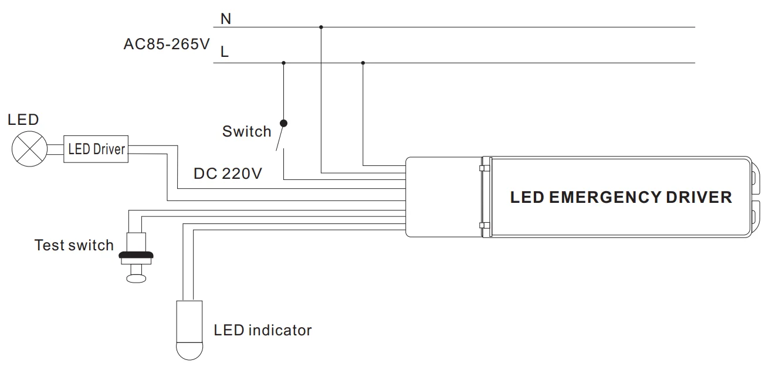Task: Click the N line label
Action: click(226, 19)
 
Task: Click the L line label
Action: click(225, 52)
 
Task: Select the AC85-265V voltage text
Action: click(166, 45)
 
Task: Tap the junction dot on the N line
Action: click(321, 27)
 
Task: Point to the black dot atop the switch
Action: click(284, 123)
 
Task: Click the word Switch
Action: click(246, 131)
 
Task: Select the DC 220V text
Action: click(228, 174)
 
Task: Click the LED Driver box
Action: click(96, 149)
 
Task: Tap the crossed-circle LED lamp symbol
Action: click(29, 149)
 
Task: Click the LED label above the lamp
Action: click(23, 120)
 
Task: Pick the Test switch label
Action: click(74, 245)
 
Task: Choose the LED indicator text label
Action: click(262, 331)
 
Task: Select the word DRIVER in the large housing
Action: click(699, 198)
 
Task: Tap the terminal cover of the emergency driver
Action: click(443, 197)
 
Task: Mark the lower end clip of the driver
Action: click(755, 216)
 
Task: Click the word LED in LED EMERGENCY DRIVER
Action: click(527, 198)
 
